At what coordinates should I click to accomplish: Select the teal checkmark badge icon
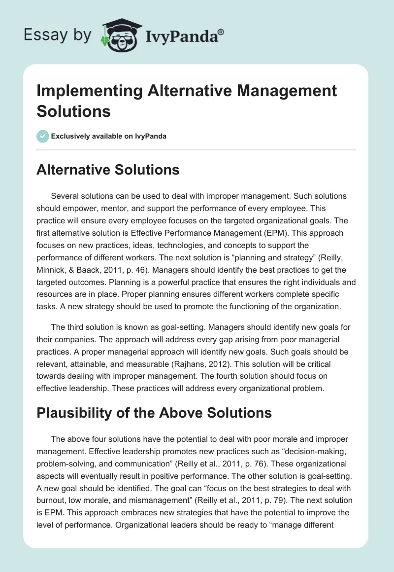43,136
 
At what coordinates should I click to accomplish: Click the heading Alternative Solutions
108,170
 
